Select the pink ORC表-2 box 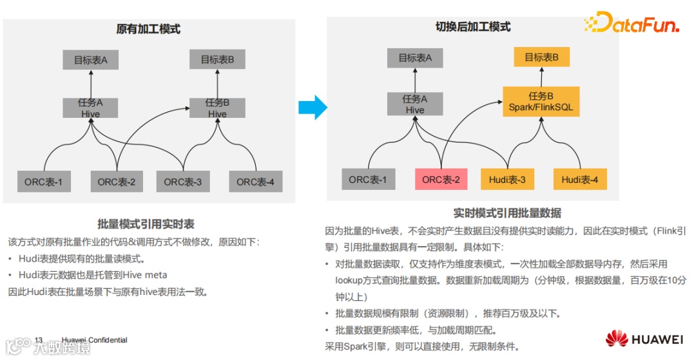tap(441, 179)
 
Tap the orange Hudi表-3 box tap(507, 179)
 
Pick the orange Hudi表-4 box tap(579, 179)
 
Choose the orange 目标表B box tap(541, 57)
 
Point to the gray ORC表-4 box tap(255, 182)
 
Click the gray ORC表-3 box tap(182, 182)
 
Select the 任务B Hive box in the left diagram tap(217, 108)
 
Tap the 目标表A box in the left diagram tap(90, 61)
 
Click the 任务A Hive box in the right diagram tap(415, 104)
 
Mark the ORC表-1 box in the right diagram tap(368, 179)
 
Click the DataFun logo tap(632, 24)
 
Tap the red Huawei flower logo tap(617, 338)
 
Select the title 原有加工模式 tap(148, 29)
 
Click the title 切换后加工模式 tap(473, 27)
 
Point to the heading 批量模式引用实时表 tap(146, 224)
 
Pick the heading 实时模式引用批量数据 tap(507, 213)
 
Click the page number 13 tap(39, 340)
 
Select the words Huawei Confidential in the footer tap(95, 340)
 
